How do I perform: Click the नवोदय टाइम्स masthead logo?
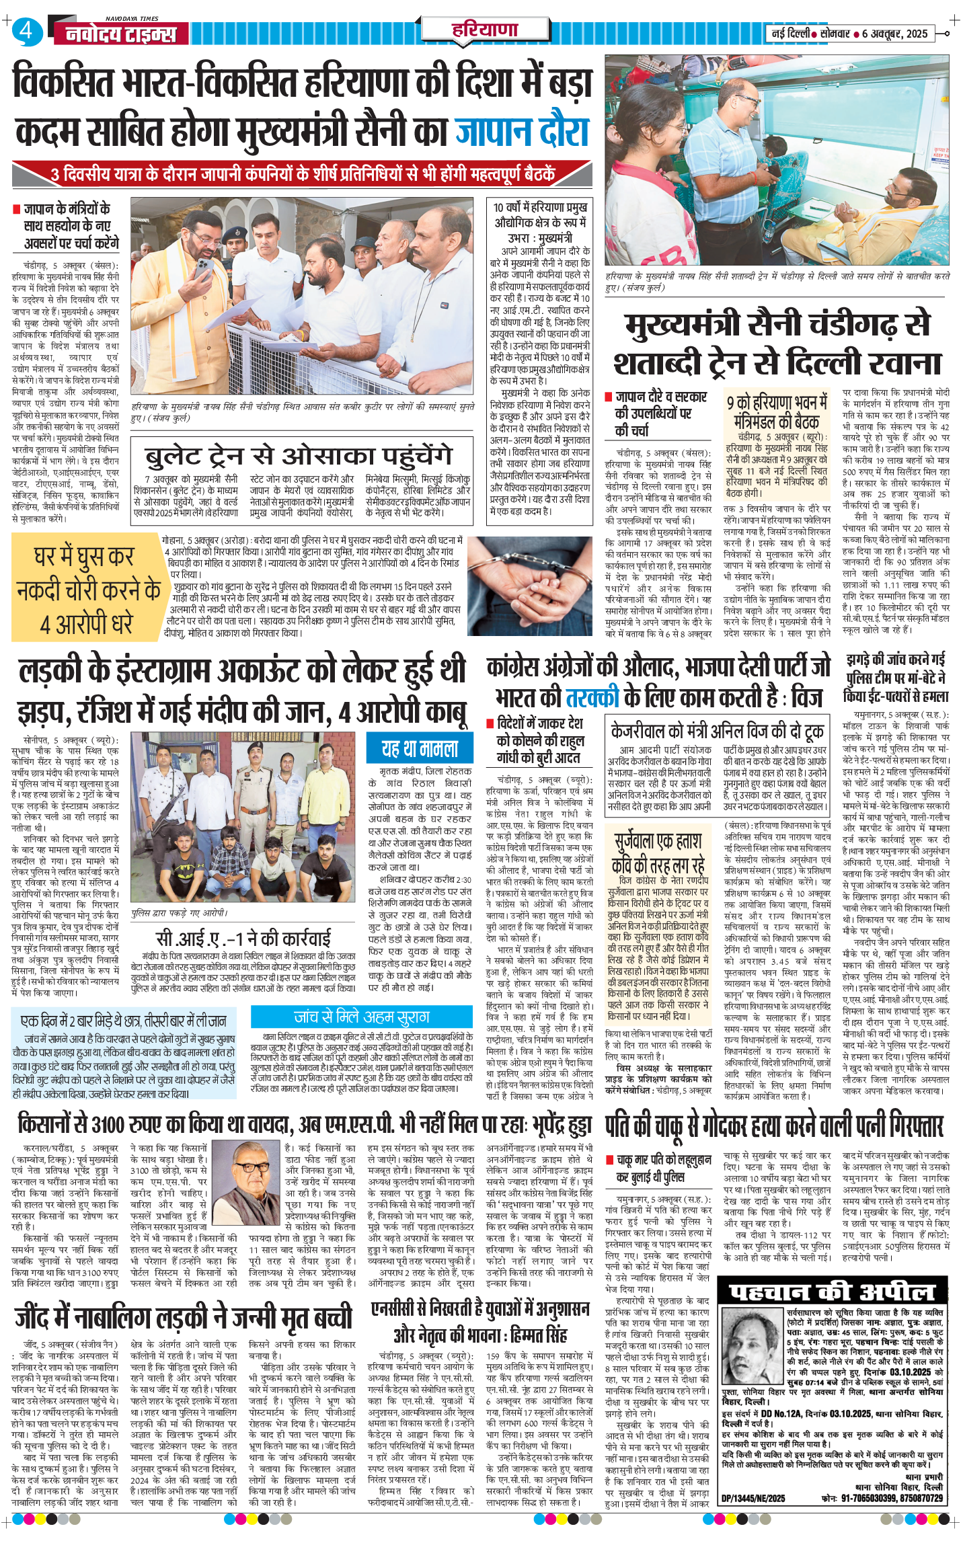[122, 34]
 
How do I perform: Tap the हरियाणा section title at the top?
[485, 30]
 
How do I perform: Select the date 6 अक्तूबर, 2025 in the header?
[894, 34]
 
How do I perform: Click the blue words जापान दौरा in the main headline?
[523, 132]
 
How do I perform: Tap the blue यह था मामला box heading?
[420, 748]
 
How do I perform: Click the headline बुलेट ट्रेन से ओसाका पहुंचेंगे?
[298, 457]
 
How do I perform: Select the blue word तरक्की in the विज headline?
[592, 697]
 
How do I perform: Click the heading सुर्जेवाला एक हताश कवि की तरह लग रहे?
[658, 852]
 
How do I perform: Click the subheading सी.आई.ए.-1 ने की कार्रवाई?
[243, 938]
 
